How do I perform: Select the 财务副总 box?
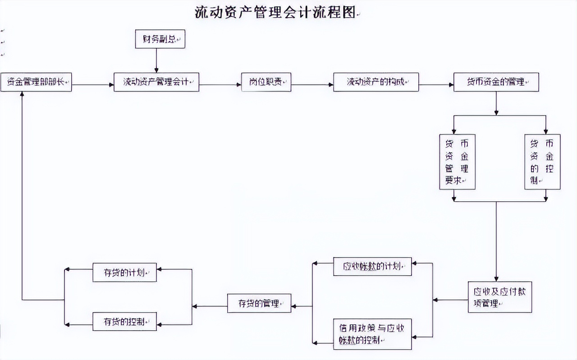coord(160,39)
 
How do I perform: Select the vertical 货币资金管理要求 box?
coord(457,162)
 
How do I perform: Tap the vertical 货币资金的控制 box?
coord(542,162)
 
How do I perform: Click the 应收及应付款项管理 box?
coord(499,297)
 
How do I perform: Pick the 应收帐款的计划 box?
coord(372,266)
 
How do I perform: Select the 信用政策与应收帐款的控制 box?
coord(372,334)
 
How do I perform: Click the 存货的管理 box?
coord(259,303)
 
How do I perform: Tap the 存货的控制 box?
coord(124,321)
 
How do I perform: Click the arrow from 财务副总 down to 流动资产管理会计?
coord(156,60)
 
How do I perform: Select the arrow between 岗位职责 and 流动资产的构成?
coord(312,84)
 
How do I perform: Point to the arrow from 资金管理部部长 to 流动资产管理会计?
coord(92,84)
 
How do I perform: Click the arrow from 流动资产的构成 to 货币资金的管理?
coord(436,84)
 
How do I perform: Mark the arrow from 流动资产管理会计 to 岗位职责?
coord(220,84)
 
